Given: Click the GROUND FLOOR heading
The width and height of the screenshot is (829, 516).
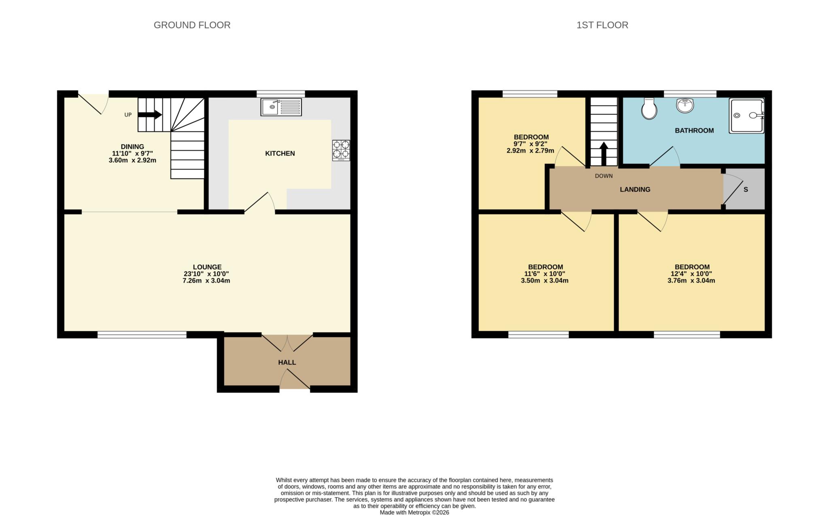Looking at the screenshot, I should (x=192, y=25).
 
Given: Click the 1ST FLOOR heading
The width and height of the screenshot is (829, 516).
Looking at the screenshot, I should (x=602, y=25).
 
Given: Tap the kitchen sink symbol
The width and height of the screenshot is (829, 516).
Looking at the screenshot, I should (x=281, y=107).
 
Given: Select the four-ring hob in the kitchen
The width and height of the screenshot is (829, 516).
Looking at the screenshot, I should (x=341, y=150).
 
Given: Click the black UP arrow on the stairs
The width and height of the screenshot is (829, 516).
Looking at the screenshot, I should (x=150, y=115).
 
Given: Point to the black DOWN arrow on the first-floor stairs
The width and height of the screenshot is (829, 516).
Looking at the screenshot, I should (x=603, y=153).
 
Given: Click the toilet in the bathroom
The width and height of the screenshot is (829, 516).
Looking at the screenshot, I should (x=649, y=108).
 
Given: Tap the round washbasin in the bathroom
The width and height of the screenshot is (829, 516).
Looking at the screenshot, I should (x=685, y=106).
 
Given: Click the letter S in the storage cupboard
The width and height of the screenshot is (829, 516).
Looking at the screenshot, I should (x=746, y=189).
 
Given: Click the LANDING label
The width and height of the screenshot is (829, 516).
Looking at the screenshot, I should (x=635, y=189).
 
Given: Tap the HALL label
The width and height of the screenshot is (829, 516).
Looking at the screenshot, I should (x=287, y=362).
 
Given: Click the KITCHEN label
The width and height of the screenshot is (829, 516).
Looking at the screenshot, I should (x=280, y=153).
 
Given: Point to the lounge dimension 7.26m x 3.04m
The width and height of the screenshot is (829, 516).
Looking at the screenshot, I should (x=206, y=280).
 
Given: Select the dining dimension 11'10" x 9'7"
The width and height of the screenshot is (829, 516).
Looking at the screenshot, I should (x=132, y=153).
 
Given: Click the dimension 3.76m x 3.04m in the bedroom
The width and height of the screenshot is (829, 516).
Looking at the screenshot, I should (x=691, y=280).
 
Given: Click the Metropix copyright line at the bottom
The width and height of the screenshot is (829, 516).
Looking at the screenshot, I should (x=414, y=512).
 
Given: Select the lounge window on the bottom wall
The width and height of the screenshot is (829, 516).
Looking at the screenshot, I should (x=142, y=335).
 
